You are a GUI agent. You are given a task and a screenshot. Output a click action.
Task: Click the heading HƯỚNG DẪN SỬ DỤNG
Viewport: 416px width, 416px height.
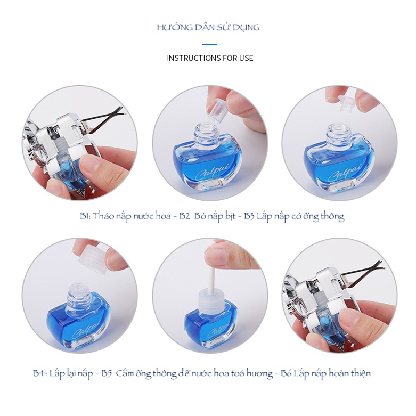[x=208, y=27]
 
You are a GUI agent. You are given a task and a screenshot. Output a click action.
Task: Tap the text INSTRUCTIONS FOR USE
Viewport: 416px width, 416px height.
[x=210, y=58]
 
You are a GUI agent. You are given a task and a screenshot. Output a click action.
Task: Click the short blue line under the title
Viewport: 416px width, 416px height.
[x=209, y=44]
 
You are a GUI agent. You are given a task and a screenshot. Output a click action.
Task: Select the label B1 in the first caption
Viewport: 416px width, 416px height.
[x=85, y=216]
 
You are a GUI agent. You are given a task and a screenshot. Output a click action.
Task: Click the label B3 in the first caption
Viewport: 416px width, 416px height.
[x=249, y=216]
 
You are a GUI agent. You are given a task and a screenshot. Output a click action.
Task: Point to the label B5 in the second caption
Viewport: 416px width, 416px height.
[x=107, y=373]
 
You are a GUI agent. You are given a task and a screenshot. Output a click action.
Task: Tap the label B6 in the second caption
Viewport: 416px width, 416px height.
[x=286, y=373]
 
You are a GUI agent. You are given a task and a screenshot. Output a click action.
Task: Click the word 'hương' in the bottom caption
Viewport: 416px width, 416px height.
[x=259, y=374]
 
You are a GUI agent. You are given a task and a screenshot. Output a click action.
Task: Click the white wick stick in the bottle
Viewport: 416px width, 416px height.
[x=210, y=279]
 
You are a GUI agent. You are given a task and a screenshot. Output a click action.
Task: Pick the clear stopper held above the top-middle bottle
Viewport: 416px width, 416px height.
[x=216, y=111]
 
